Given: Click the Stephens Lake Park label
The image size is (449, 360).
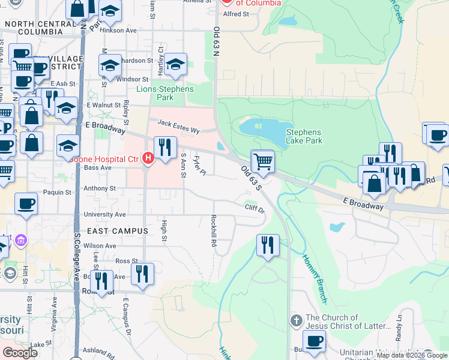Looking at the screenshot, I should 304,136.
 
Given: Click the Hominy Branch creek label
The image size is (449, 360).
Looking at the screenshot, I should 315,278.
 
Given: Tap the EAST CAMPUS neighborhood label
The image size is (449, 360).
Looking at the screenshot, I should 117,231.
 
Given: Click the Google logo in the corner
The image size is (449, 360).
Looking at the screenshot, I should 20,353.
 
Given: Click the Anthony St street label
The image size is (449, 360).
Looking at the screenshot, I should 100,188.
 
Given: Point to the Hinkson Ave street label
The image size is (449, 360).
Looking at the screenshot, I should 118,29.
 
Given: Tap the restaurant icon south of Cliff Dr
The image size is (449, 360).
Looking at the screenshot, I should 268,245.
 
